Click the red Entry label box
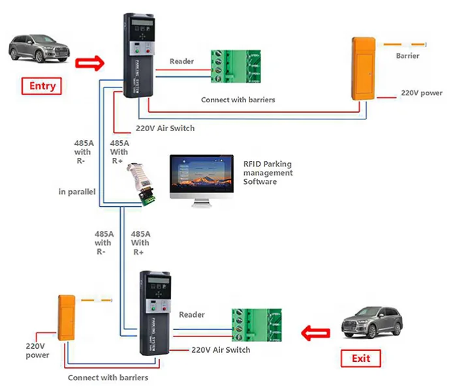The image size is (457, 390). [x=42, y=85]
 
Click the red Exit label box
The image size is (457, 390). [x=360, y=358]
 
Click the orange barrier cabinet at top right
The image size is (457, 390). [x=362, y=69]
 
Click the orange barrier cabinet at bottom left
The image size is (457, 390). [x=65, y=318]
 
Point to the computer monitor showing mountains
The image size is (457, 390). [x=201, y=178]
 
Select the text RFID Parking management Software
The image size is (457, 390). [x=268, y=173]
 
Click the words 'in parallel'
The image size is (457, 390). [x=76, y=192]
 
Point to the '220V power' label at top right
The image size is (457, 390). [x=421, y=93]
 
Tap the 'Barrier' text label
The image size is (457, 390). [x=407, y=56]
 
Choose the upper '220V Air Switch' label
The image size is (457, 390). [x=165, y=128]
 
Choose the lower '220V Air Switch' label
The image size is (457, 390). [x=221, y=350]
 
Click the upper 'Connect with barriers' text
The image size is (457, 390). [x=238, y=100]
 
